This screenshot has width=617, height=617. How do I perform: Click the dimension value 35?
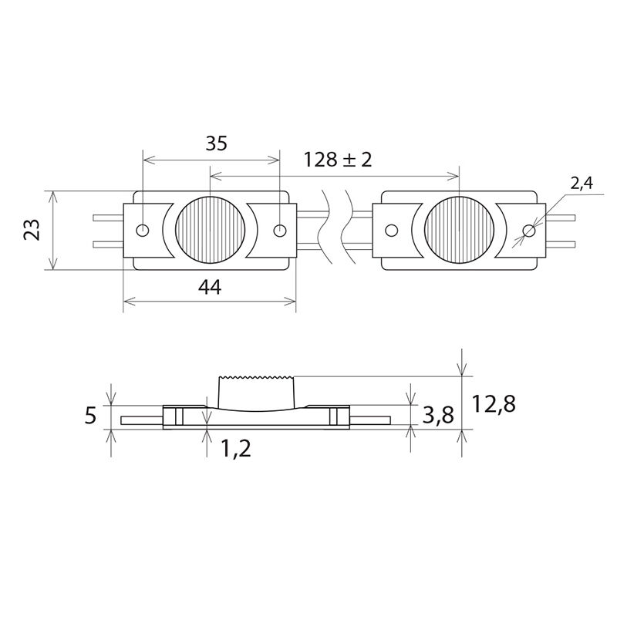point(217,143)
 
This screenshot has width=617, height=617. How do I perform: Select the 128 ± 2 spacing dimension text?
point(338,160)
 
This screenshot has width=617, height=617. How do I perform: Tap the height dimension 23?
point(32,229)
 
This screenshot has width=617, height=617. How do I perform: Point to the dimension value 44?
point(210,287)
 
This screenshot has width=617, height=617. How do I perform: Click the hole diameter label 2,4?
point(582,184)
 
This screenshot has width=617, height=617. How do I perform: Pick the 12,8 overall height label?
point(494,404)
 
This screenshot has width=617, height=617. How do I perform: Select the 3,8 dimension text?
point(438,415)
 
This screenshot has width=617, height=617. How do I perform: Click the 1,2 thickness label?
point(236,448)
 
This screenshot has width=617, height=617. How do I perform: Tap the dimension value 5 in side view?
point(90,416)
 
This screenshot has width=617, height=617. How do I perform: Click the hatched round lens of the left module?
point(210,230)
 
